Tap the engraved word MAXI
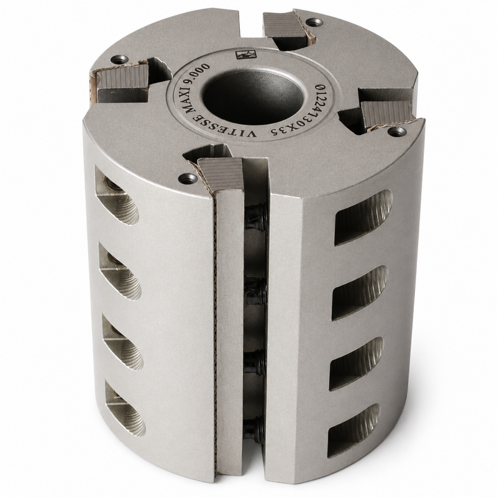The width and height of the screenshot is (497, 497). [193, 95]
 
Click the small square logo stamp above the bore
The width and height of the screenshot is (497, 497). [242, 55]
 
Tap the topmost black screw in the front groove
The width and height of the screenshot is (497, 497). [257, 216]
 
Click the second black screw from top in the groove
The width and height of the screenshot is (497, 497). [256, 291]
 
